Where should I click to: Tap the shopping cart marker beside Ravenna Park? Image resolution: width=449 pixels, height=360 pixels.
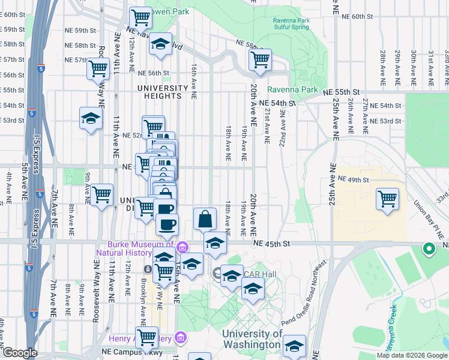pos(260,59)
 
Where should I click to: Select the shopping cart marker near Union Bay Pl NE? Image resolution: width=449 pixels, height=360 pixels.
pos(387,199)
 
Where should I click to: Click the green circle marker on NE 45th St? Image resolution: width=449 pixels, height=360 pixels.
pos(429,247)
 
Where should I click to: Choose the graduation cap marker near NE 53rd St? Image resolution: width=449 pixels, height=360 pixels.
pos(90,118)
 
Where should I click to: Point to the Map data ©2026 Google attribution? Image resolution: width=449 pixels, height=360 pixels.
pos(412,355)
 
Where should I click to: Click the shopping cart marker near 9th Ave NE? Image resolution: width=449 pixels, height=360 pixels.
pos(101,194)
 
